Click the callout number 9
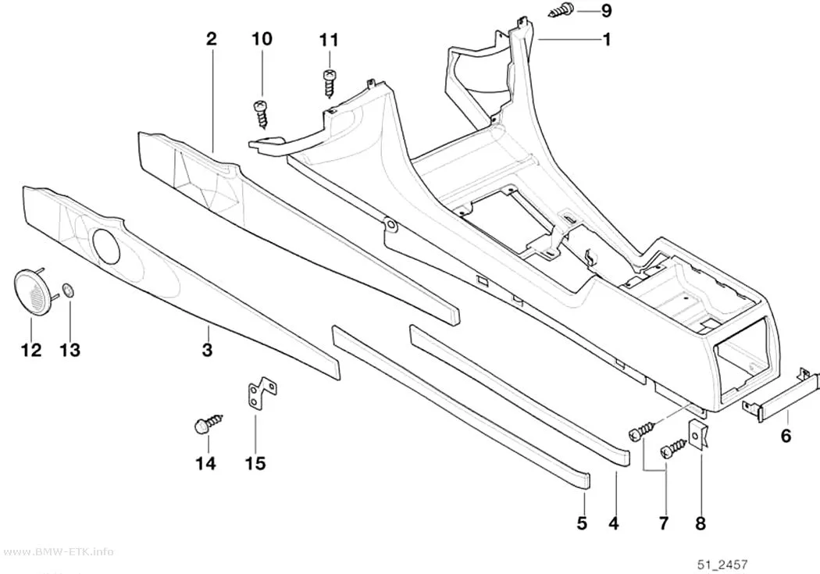click(x=606, y=10)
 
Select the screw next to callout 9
click(x=562, y=10)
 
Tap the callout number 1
click(x=607, y=39)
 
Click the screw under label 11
click(x=329, y=84)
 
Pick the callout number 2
click(x=211, y=39)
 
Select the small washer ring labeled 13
click(x=68, y=289)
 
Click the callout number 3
click(x=207, y=349)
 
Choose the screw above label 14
click(x=209, y=423)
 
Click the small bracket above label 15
click(x=261, y=392)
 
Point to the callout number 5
click(x=582, y=522)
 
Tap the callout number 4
click(x=614, y=522)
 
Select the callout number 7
click(x=664, y=522)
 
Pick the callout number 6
click(x=786, y=435)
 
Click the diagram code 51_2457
click(x=722, y=565)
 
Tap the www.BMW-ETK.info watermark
click(x=57, y=552)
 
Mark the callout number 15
click(x=255, y=463)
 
